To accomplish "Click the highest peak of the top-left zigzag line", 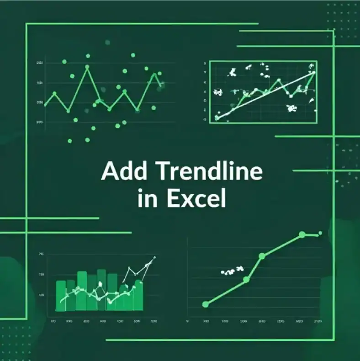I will pos(87,67).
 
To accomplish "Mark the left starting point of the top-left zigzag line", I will pos(45,105).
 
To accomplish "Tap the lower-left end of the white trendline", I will pos(217,118).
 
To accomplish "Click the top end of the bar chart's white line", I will pos(154,258).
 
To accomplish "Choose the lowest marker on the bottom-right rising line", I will pos(205,304).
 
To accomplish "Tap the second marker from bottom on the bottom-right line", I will pos(246,279).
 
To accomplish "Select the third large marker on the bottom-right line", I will pos(262,256).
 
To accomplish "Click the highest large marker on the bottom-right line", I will pos(302,234).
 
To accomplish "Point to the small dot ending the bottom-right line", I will pos(320,233).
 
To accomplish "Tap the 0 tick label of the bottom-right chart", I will pos(188,321).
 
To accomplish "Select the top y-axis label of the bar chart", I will pos(41,254).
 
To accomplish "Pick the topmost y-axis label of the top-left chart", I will pos(40,63).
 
